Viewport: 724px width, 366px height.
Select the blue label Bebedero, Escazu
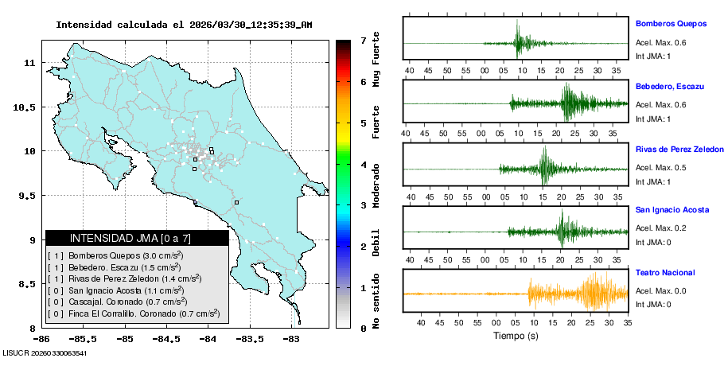[669, 86]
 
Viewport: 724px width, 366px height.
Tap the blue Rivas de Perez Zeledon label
[679, 149]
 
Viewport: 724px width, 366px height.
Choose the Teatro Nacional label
[665, 272]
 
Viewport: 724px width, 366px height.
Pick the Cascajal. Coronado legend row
[119, 302]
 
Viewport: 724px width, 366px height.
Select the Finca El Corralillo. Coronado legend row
[134, 313]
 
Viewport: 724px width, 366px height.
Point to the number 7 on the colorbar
[363, 40]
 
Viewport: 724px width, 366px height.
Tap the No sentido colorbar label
[376, 303]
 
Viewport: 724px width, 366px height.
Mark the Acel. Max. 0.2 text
[660, 228]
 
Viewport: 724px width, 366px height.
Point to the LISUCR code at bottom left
[45, 352]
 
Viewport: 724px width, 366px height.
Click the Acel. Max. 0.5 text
[660, 167]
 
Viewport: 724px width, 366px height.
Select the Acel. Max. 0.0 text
[660, 290]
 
